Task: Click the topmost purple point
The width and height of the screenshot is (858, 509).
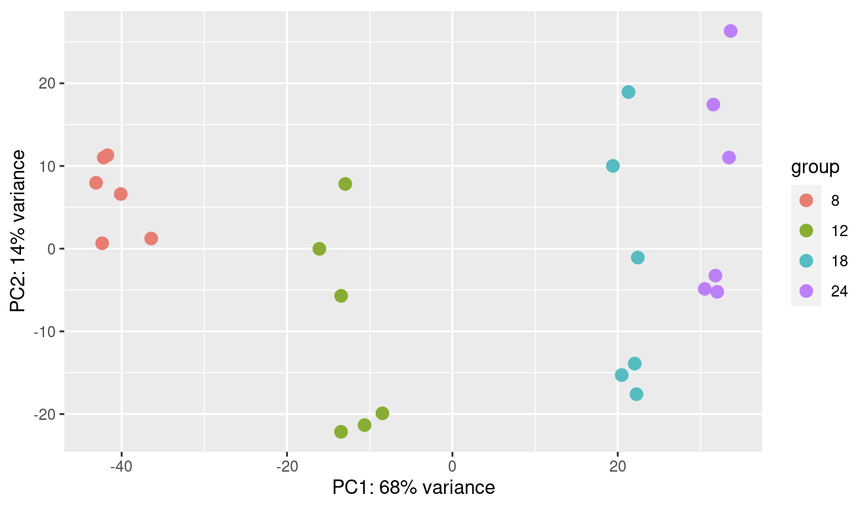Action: coord(731,31)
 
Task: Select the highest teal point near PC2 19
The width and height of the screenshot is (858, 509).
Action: coord(628,92)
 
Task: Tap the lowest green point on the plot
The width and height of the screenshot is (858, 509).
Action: coord(341,432)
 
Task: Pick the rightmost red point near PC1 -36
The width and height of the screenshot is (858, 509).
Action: coord(151,238)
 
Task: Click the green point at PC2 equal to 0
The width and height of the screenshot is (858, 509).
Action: coord(319,249)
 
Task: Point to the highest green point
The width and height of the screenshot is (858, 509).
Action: coord(345,184)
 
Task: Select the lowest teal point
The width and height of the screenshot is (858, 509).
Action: coord(636,394)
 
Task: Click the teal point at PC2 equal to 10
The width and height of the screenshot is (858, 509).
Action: coord(613,166)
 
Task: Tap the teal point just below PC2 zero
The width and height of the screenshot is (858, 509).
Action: coord(638,257)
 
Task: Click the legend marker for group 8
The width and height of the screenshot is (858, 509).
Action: coord(806,200)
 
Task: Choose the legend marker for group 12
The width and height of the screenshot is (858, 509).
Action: coord(806,231)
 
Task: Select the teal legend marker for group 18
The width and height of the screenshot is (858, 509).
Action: coord(806,261)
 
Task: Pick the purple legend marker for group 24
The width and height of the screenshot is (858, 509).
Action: coord(806,291)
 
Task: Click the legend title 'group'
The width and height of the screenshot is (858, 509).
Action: coord(815,167)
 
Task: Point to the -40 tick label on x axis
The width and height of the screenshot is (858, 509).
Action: coord(121,466)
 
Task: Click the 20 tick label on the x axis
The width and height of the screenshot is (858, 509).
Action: coord(617,466)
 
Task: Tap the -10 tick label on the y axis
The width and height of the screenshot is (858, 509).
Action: coord(45,332)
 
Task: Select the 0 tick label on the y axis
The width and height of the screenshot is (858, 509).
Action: coord(52,249)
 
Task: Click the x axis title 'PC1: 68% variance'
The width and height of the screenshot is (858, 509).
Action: coord(413,487)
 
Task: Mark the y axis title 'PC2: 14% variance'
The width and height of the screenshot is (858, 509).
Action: coord(18,231)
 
